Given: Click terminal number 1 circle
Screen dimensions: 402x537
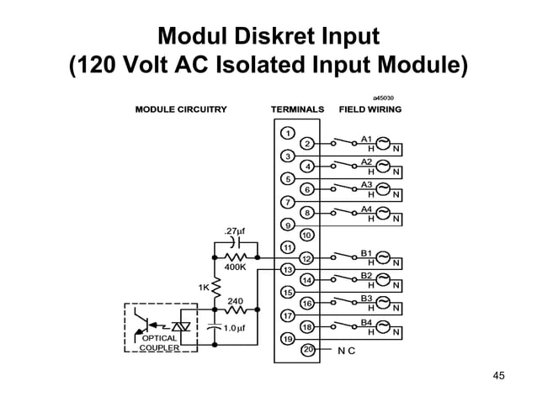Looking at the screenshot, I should click(287, 133).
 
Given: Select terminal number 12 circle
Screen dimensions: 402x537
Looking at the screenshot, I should click(307, 258).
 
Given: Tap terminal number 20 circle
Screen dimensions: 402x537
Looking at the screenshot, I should click(307, 349).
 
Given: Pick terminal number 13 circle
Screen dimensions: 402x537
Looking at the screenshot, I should click(287, 270).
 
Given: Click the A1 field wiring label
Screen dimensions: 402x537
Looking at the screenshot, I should click(366, 138).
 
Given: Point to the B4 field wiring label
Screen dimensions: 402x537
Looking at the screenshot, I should click(366, 321).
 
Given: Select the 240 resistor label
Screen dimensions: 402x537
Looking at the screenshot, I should click(236, 300).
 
